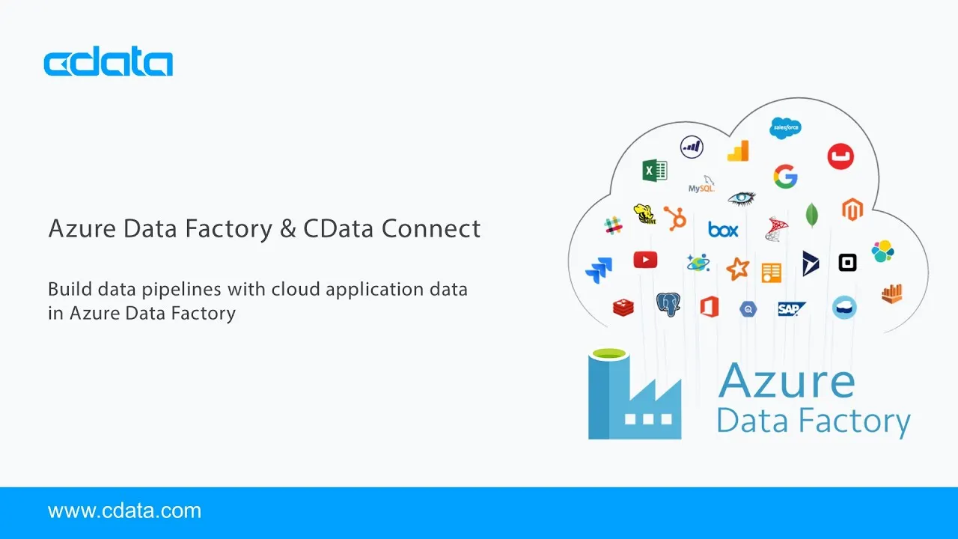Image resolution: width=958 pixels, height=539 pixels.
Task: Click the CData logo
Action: (x=109, y=63)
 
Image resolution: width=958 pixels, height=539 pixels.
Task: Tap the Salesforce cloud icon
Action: (x=785, y=127)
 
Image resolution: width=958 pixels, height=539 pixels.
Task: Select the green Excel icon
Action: (x=655, y=171)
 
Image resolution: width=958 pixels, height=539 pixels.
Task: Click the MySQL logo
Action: (x=702, y=185)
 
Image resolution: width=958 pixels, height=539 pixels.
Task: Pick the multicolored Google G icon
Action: (x=785, y=177)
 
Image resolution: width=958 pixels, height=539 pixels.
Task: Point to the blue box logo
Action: (x=723, y=230)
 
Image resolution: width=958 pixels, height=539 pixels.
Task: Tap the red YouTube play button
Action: (x=645, y=260)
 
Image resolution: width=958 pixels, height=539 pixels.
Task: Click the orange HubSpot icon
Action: (x=676, y=218)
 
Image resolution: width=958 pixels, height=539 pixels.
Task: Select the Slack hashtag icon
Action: (x=614, y=225)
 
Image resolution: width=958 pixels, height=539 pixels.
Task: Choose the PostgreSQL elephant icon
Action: (x=668, y=304)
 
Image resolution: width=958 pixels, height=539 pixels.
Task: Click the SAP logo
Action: (x=790, y=308)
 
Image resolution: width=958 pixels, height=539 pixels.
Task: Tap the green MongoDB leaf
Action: (x=812, y=215)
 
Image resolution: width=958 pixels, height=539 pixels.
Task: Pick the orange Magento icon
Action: (x=852, y=210)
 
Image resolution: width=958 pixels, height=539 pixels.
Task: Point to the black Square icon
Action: (x=847, y=263)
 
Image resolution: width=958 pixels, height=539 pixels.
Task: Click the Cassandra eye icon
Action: (x=742, y=198)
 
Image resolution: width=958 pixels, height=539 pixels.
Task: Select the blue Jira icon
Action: (x=599, y=269)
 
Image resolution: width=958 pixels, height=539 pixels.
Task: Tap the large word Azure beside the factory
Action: (x=786, y=380)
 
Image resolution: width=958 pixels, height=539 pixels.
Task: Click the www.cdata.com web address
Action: (x=124, y=511)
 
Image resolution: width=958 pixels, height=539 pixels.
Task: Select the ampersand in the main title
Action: (x=287, y=228)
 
